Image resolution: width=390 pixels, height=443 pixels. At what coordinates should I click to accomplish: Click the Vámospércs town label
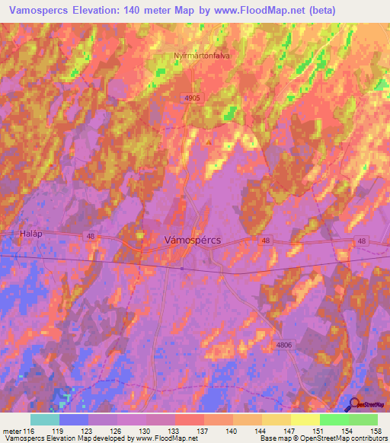click(193, 239)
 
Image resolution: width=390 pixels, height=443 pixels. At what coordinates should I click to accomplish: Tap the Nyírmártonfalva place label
click(202, 55)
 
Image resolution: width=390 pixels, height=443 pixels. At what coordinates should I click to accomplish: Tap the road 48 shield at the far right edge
click(361, 241)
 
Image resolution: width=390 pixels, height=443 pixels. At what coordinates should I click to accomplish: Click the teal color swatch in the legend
click(44, 419)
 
